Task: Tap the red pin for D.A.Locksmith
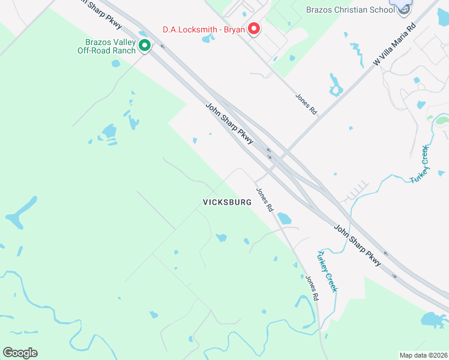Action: point(254,28)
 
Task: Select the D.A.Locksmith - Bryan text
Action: point(203,29)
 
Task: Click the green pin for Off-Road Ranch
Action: point(144,45)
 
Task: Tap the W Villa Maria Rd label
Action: point(394,45)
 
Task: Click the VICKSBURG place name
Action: point(228,202)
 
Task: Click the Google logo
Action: point(20,353)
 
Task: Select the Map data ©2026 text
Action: point(423,355)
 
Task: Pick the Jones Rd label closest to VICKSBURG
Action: point(265,200)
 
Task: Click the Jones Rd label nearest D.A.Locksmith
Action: point(306,104)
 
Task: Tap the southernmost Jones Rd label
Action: point(311,288)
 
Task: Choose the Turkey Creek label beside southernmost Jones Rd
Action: point(327,271)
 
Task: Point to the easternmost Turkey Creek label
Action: point(418,164)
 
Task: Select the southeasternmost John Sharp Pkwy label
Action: point(357,245)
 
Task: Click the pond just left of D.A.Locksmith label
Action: point(208,39)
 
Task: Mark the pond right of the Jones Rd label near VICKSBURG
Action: point(283,218)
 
